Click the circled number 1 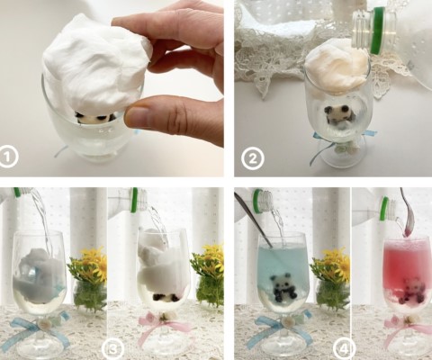click(9, 157)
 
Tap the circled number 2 click(253, 158)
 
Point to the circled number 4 click(346, 349)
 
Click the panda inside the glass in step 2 click(337, 114)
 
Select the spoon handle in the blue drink click(253, 220)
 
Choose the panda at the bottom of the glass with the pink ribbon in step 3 click(165, 297)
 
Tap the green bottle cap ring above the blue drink click(256, 198)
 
